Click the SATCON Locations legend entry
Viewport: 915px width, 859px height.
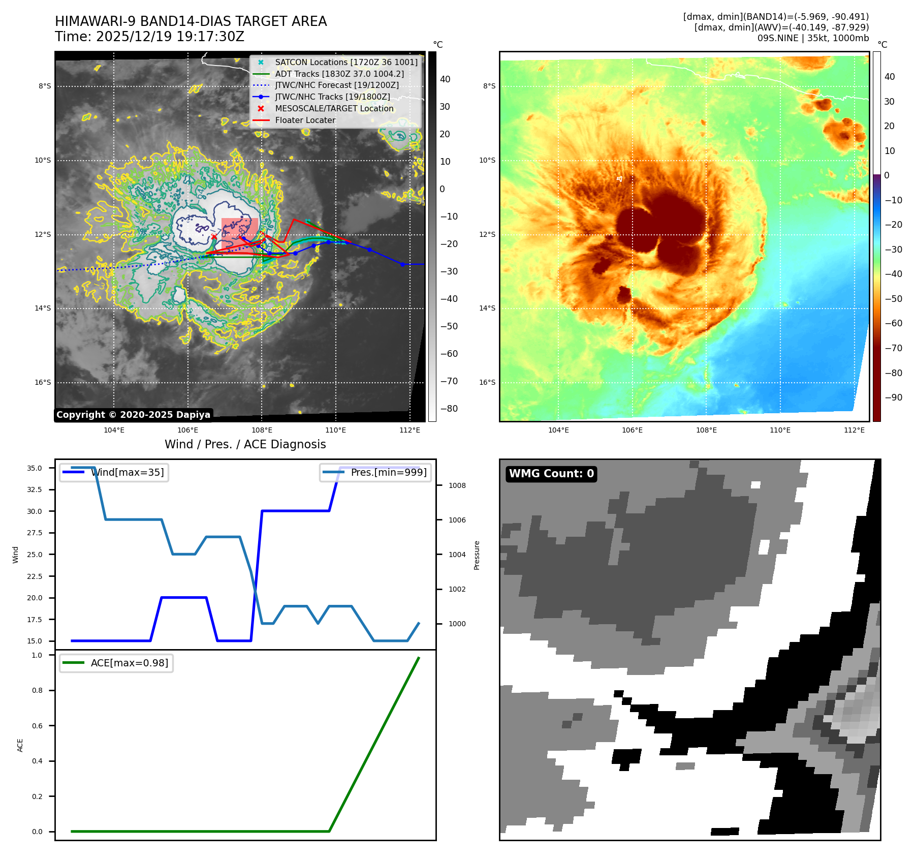(x=346, y=62)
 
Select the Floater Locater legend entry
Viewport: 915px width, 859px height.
(x=305, y=120)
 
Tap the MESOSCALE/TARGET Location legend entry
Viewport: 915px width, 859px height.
(x=334, y=108)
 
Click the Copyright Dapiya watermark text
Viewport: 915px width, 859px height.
(x=133, y=415)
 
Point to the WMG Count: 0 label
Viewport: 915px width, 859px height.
(x=551, y=474)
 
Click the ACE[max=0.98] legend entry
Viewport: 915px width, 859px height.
(x=129, y=663)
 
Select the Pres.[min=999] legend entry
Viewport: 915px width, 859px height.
(x=389, y=472)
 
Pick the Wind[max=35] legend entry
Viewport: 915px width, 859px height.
(x=127, y=472)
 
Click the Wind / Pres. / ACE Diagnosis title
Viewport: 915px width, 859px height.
(x=245, y=444)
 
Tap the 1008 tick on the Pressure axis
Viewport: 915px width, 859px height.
(x=457, y=485)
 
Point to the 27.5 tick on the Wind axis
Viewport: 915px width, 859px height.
(x=35, y=533)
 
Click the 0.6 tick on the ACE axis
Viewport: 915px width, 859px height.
(x=37, y=726)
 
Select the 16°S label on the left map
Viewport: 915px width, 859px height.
(x=43, y=382)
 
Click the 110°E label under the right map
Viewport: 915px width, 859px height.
(x=780, y=430)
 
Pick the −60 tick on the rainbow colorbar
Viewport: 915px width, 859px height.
(x=893, y=323)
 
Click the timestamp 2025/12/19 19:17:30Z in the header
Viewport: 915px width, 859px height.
(x=170, y=37)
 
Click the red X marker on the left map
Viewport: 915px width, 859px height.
(x=214, y=236)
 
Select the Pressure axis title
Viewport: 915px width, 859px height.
(x=477, y=555)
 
